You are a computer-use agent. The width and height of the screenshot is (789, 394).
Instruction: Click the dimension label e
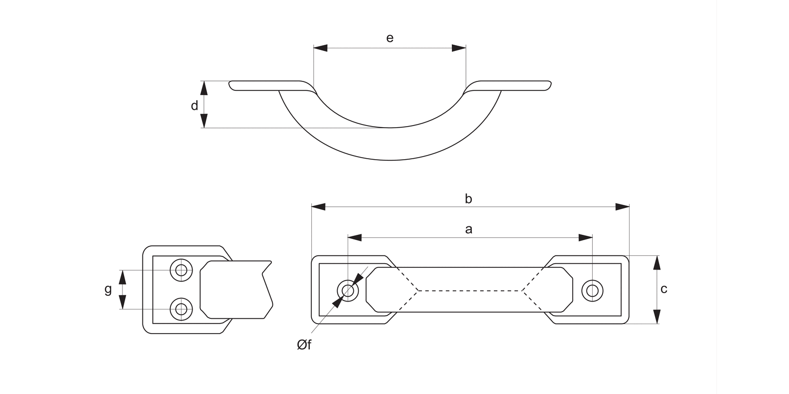[x=390, y=38]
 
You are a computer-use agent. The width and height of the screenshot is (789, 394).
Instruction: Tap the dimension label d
[x=195, y=106]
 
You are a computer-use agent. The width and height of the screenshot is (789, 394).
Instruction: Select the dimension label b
[x=469, y=199]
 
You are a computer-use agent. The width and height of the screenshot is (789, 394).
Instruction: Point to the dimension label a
[x=469, y=229]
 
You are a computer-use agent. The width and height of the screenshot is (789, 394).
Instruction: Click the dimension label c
[x=664, y=289]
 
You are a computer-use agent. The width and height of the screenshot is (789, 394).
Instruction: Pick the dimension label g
[x=108, y=289]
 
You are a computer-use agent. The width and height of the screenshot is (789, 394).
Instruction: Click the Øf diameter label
[x=304, y=345]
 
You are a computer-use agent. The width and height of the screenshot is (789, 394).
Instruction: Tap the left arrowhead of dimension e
[x=320, y=48]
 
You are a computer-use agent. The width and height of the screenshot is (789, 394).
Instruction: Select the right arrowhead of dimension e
[x=459, y=48]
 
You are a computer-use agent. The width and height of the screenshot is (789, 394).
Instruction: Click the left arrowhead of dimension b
[x=318, y=206]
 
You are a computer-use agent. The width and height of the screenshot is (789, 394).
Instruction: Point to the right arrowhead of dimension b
[x=623, y=206]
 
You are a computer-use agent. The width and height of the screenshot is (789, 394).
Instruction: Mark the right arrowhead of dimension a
[x=586, y=237]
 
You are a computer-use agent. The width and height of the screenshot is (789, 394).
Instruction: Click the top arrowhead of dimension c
[x=656, y=262]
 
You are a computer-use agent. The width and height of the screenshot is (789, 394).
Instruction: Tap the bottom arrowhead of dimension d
[x=204, y=121]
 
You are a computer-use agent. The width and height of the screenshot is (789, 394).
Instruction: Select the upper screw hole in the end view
[x=181, y=271]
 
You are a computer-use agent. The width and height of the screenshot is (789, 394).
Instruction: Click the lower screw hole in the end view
[x=181, y=309]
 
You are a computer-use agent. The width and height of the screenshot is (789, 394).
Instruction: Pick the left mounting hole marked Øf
[x=348, y=290]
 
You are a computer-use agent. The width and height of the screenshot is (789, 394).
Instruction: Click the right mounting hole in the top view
[x=592, y=290]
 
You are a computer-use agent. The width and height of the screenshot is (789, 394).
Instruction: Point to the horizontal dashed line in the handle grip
[x=470, y=290]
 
